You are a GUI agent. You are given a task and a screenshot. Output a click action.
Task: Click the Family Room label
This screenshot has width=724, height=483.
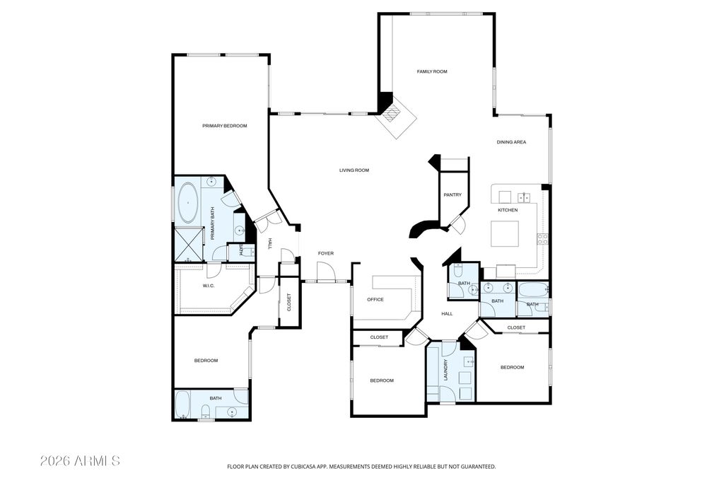click(432, 71)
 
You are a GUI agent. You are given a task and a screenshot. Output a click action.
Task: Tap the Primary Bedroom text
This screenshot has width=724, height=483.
click(224, 126)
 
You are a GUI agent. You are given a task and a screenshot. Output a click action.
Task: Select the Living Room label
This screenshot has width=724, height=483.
click(354, 170)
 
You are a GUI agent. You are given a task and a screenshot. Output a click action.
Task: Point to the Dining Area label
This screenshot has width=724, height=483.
click(511, 142)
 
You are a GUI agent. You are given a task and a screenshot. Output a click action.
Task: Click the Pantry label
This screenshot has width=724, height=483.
click(452, 195)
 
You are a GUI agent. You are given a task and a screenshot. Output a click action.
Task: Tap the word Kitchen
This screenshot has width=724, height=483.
click(508, 210)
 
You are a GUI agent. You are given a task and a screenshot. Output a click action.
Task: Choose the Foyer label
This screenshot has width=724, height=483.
click(325, 253)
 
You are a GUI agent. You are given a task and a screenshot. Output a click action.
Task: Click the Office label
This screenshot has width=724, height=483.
click(375, 300)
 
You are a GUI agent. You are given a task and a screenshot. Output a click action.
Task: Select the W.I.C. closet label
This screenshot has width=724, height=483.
click(209, 286)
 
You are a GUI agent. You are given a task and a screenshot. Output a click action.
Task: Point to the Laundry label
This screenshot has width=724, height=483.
click(445, 369)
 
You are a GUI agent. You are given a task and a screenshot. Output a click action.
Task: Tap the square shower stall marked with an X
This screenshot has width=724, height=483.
click(189, 244)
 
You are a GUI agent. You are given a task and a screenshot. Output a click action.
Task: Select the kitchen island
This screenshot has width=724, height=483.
click(504, 233)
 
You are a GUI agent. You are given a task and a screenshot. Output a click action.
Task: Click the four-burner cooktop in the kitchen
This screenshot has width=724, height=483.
click(542, 239)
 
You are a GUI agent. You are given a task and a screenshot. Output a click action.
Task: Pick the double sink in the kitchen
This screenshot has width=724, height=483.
click(524, 197)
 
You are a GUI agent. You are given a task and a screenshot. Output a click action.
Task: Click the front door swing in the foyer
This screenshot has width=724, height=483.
click(325, 271)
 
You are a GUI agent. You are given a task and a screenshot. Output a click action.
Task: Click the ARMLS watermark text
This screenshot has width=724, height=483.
click(80, 461)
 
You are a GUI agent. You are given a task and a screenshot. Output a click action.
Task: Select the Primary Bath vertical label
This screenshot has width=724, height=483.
click(213, 223)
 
